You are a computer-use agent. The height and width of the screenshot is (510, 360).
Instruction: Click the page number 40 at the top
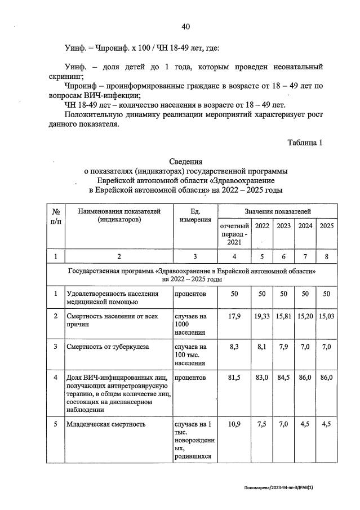(x=186, y=26)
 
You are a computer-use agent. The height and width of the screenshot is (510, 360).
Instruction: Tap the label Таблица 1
(x=305, y=143)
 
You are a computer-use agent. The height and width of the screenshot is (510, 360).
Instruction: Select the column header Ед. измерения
(x=194, y=215)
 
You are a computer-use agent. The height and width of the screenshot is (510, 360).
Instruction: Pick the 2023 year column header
(x=283, y=226)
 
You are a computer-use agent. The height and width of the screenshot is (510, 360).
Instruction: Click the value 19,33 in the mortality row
(x=262, y=316)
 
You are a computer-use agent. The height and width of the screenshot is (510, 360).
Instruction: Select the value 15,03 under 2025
(x=326, y=316)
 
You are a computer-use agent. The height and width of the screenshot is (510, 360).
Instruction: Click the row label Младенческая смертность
(x=106, y=424)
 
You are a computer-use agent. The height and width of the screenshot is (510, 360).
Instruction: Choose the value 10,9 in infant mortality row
(x=235, y=424)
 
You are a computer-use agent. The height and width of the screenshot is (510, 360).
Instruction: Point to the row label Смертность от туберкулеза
(x=108, y=347)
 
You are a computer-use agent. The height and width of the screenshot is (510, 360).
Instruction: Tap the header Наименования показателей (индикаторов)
(x=119, y=215)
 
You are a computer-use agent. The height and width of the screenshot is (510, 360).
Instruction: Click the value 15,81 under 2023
(x=283, y=316)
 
